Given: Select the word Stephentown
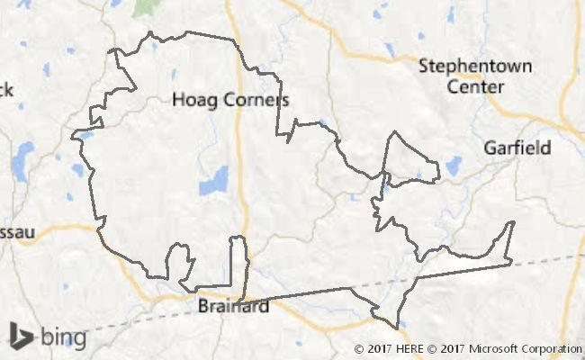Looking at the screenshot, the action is pyautogui.click(x=475, y=67).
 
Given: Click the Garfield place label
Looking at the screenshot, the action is pyautogui.click(x=517, y=148).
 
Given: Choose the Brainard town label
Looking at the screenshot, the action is pyautogui.click(x=233, y=307).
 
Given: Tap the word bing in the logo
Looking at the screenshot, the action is pyautogui.click(x=61, y=338).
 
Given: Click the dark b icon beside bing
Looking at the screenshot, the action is pyautogui.click(x=20, y=336).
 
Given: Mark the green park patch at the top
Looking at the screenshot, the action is pyautogui.click(x=143, y=7).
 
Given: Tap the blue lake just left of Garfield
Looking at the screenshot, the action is pyautogui.click(x=453, y=166).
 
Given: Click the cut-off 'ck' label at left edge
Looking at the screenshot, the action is pyautogui.click(x=6, y=89).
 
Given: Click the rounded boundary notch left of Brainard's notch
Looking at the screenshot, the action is pyautogui.click(x=182, y=263).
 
